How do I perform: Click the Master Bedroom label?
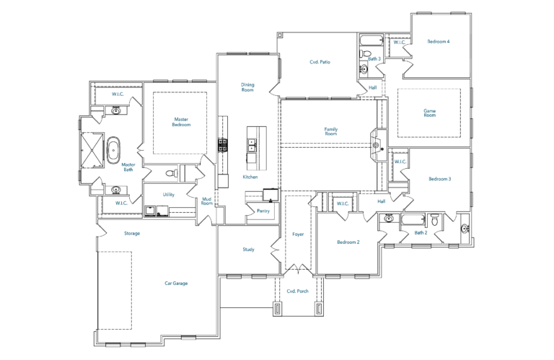181,122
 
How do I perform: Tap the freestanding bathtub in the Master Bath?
113,151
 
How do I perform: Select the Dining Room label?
247,87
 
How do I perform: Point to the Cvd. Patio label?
320,62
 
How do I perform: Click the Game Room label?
430,113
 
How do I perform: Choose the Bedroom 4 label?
439,42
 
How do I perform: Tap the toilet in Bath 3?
364,54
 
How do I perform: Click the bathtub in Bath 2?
414,220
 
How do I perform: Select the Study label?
248,250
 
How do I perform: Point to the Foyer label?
298,234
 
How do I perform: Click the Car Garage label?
176,284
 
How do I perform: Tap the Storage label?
132,234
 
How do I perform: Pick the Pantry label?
263,211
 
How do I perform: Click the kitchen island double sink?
251,145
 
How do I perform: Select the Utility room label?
169,195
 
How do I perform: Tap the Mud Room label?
207,201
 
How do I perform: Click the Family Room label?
331,131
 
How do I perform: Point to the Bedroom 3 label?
439,179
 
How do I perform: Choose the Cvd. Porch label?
297,291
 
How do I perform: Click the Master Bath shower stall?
92,150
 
